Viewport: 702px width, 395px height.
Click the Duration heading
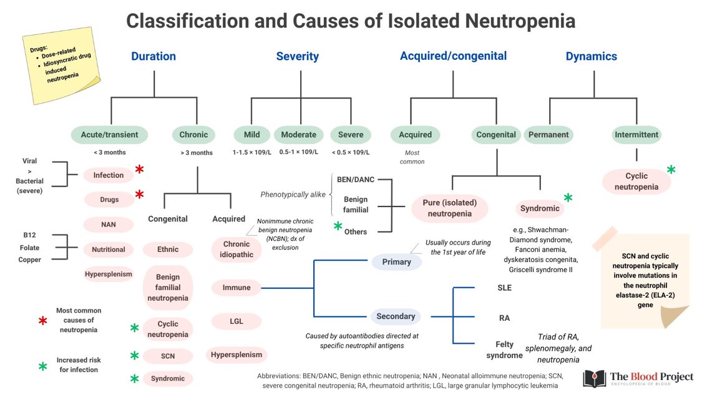153,56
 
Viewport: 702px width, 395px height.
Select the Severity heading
297,56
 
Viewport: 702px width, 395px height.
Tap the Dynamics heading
591,56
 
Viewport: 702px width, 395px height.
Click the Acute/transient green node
110,134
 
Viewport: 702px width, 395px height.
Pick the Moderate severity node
298,134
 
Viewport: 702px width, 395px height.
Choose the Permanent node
548,134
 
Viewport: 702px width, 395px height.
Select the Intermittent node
636,134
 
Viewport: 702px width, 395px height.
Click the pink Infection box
109,175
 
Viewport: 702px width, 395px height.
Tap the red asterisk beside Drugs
140,195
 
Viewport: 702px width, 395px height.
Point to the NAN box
109,224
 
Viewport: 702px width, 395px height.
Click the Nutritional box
109,249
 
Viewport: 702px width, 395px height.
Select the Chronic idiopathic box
236,249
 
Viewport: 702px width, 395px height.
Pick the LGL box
236,321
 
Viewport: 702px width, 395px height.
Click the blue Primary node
396,261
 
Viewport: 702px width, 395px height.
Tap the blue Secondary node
396,316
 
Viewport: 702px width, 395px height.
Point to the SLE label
504,288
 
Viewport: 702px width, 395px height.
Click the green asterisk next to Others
338,226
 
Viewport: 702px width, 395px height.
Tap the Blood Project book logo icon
594,378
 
